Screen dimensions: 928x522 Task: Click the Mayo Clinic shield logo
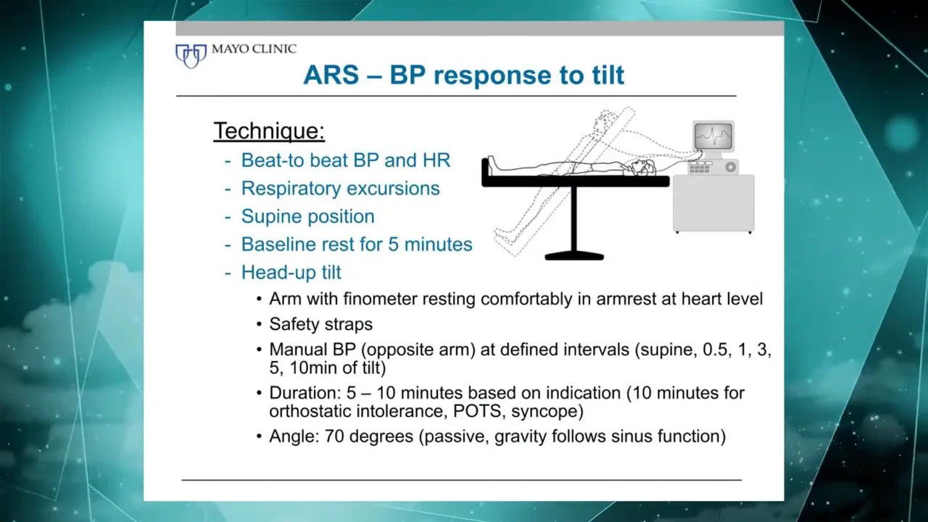point(191,56)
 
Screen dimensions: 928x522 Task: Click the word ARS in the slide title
point(331,75)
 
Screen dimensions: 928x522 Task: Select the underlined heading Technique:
point(269,131)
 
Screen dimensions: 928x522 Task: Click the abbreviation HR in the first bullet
point(436,160)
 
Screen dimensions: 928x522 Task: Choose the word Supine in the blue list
point(271,217)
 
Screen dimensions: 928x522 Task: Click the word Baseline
point(277,244)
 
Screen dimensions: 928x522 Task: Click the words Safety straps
point(320,324)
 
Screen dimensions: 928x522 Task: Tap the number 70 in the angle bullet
point(334,436)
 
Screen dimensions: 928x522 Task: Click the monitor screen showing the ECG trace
point(713,136)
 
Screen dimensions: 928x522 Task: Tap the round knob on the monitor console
point(730,167)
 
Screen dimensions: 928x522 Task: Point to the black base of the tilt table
point(574,257)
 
